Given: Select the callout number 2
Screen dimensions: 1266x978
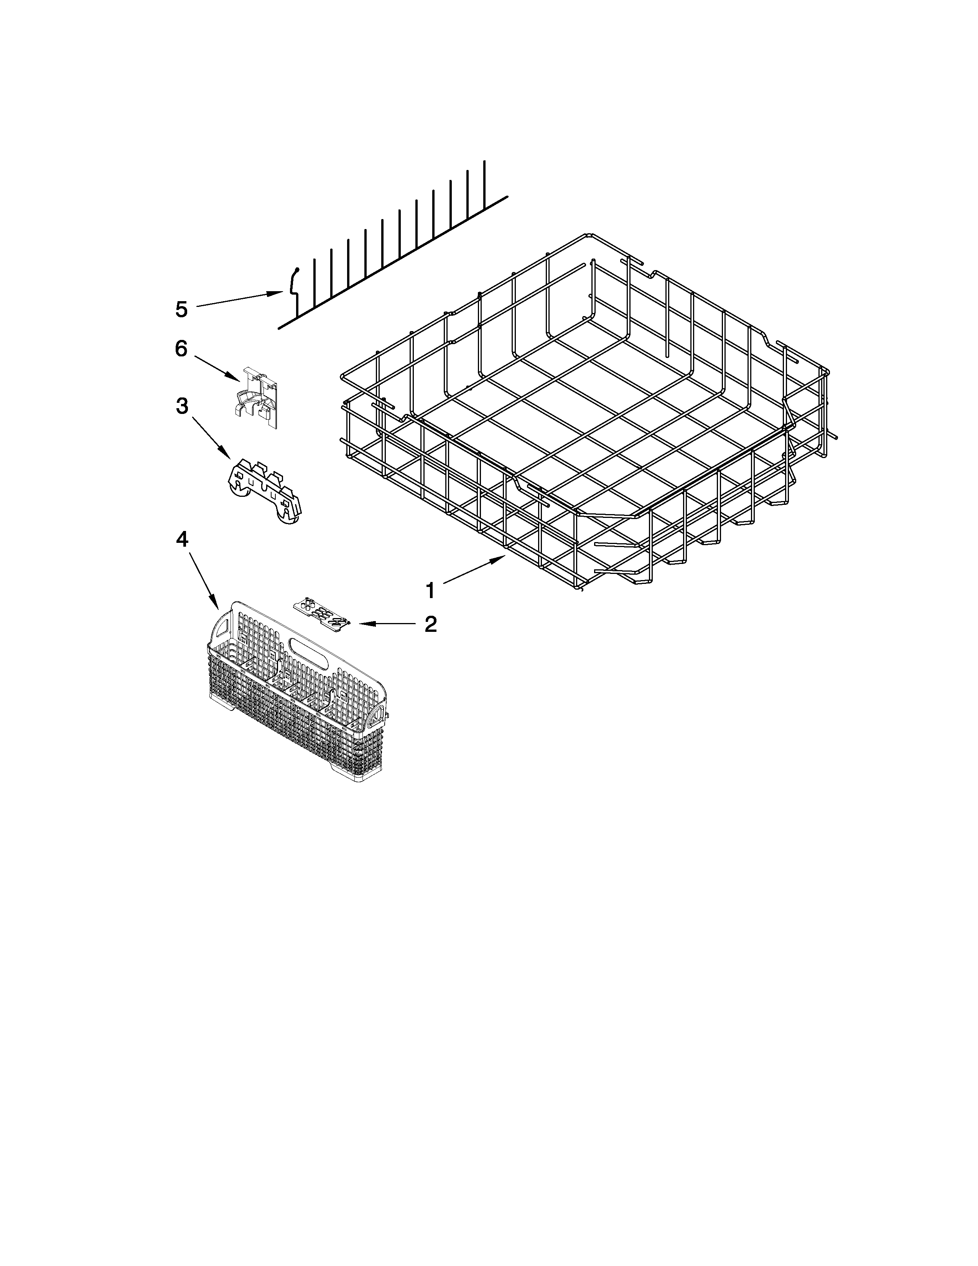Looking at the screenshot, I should point(430,624).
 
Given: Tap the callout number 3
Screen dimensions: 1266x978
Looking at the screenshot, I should point(182,406).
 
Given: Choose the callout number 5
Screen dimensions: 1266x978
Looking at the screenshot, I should point(181,310).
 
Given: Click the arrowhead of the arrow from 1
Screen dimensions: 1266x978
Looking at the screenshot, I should point(505,557).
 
